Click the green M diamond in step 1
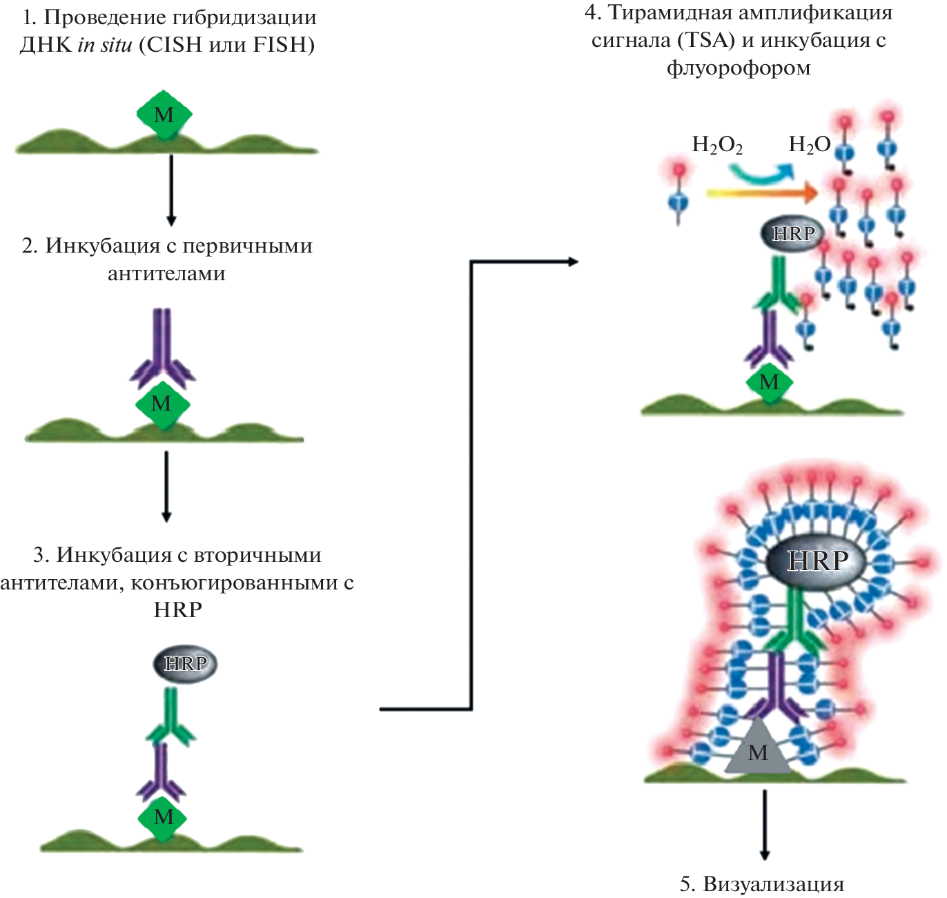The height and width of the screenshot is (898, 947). point(164,114)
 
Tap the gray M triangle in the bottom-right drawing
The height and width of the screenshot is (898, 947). point(758,750)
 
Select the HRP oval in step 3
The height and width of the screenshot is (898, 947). point(185,664)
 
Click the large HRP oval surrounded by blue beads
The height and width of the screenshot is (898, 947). point(817,560)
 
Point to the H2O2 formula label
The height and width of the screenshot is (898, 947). point(717,145)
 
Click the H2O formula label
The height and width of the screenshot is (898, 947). point(809,145)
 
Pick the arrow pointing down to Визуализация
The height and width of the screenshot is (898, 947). point(765,825)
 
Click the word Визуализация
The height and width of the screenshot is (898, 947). point(773,884)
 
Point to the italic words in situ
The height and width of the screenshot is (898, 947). point(104,45)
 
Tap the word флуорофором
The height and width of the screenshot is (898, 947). point(739,68)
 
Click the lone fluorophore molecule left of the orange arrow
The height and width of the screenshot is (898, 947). point(678,193)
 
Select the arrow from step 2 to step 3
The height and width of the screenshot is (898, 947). point(166,487)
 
